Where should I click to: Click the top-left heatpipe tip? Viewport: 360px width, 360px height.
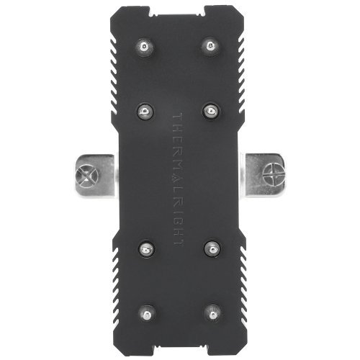144,48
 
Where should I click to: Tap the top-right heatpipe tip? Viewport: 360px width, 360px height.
210,48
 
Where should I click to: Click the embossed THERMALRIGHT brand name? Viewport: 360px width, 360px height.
179,179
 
